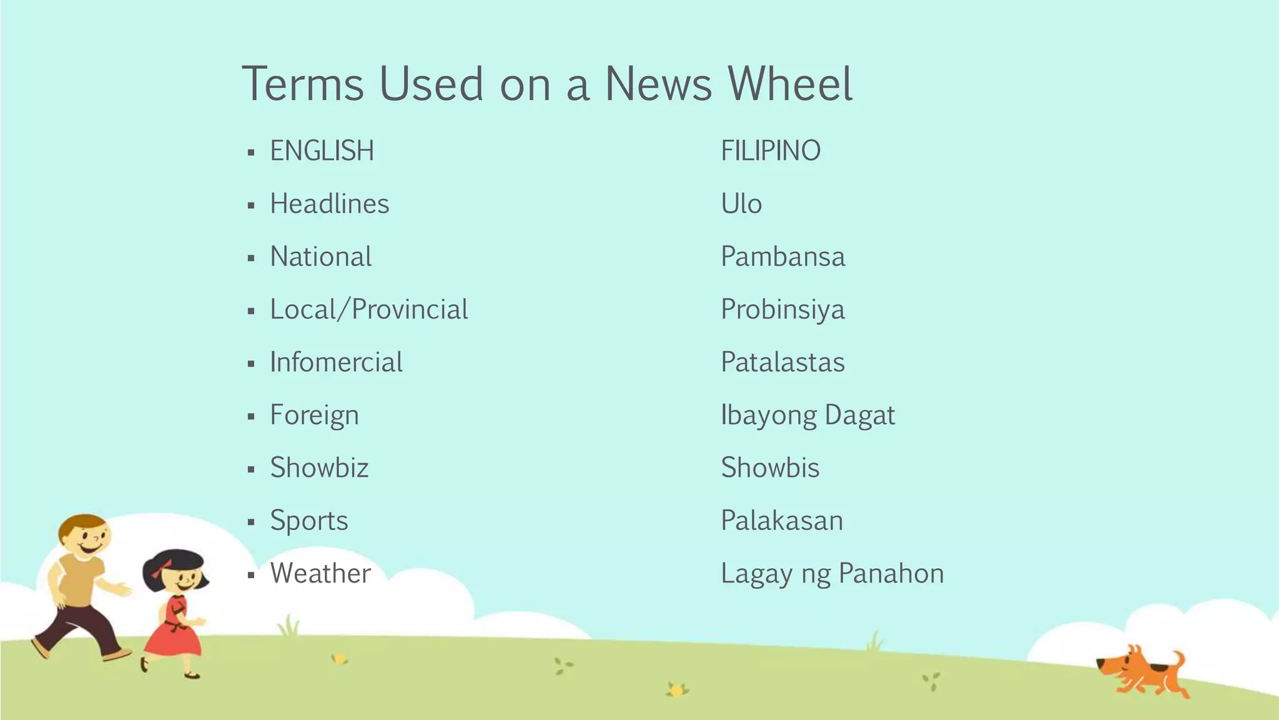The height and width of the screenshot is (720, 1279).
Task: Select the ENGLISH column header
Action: (x=322, y=151)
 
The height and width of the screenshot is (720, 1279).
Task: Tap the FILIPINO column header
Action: (x=771, y=151)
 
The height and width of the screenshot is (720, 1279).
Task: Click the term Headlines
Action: (x=329, y=204)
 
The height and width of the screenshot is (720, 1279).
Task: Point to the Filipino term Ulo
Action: (x=741, y=204)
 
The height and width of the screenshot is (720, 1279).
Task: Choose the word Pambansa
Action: (x=783, y=257)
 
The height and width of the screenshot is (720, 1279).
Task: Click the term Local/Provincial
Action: (x=368, y=310)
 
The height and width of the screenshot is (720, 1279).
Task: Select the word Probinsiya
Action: (x=783, y=310)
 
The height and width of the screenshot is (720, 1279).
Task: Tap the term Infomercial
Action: (x=336, y=362)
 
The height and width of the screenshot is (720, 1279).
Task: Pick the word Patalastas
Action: (x=783, y=362)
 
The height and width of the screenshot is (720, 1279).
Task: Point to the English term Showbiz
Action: (x=319, y=468)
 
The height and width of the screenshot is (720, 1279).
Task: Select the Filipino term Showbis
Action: (x=770, y=468)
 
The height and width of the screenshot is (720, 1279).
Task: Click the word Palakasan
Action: (x=782, y=521)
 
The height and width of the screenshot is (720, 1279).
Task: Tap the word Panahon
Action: (x=891, y=574)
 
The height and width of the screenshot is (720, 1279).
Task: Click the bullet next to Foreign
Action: (x=251, y=416)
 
